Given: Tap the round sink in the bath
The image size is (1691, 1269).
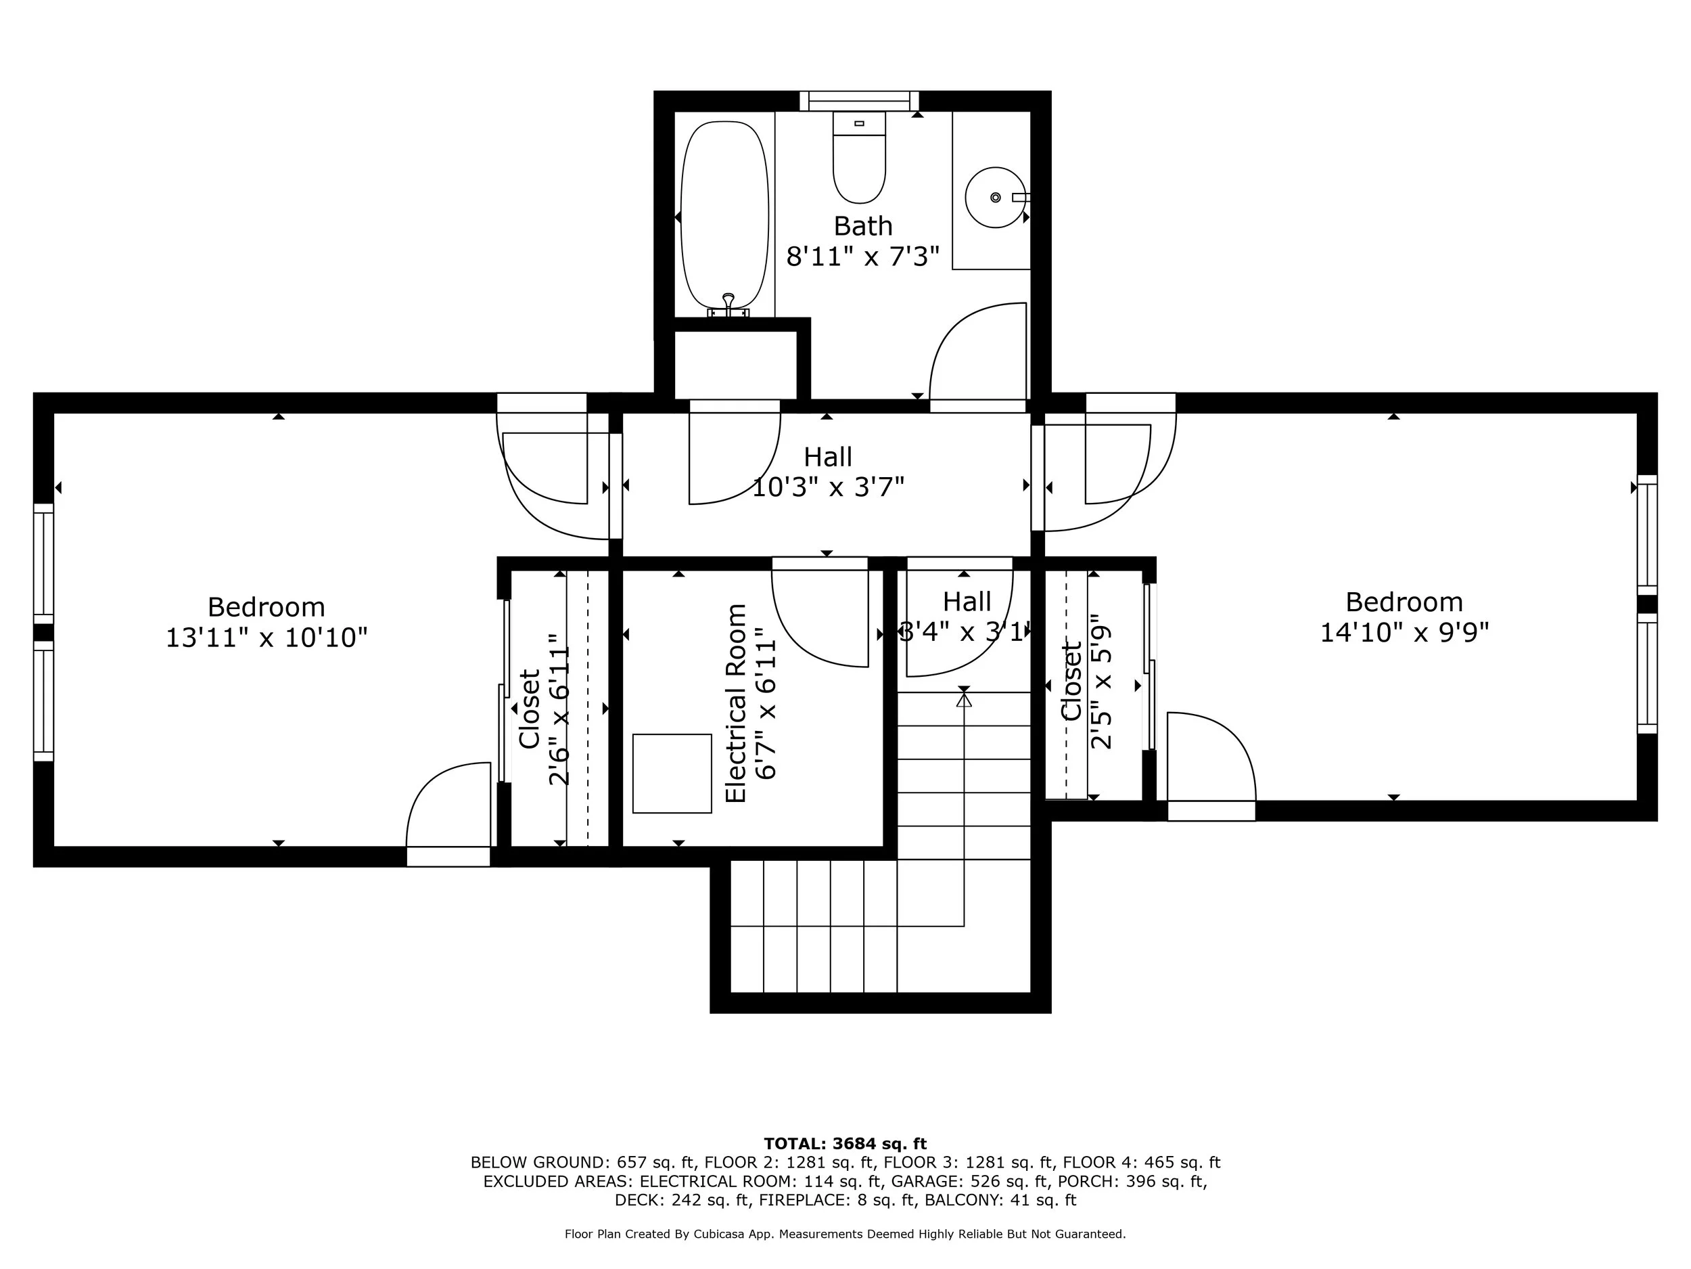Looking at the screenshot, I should [994, 198].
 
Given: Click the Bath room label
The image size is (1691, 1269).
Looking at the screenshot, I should [862, 227].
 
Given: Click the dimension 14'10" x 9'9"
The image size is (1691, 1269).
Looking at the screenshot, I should [1404, 633].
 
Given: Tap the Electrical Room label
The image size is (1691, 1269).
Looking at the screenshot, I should [735, 703].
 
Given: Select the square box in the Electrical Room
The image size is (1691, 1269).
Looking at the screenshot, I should [672, 774].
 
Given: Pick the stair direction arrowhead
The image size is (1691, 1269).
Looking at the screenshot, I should [964, 699].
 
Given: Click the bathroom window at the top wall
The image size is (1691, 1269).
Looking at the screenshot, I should [859, 101].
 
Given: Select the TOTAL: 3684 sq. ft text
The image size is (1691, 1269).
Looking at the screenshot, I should [845, 1144].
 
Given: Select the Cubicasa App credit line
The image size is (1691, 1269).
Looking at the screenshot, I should [845, 1233].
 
